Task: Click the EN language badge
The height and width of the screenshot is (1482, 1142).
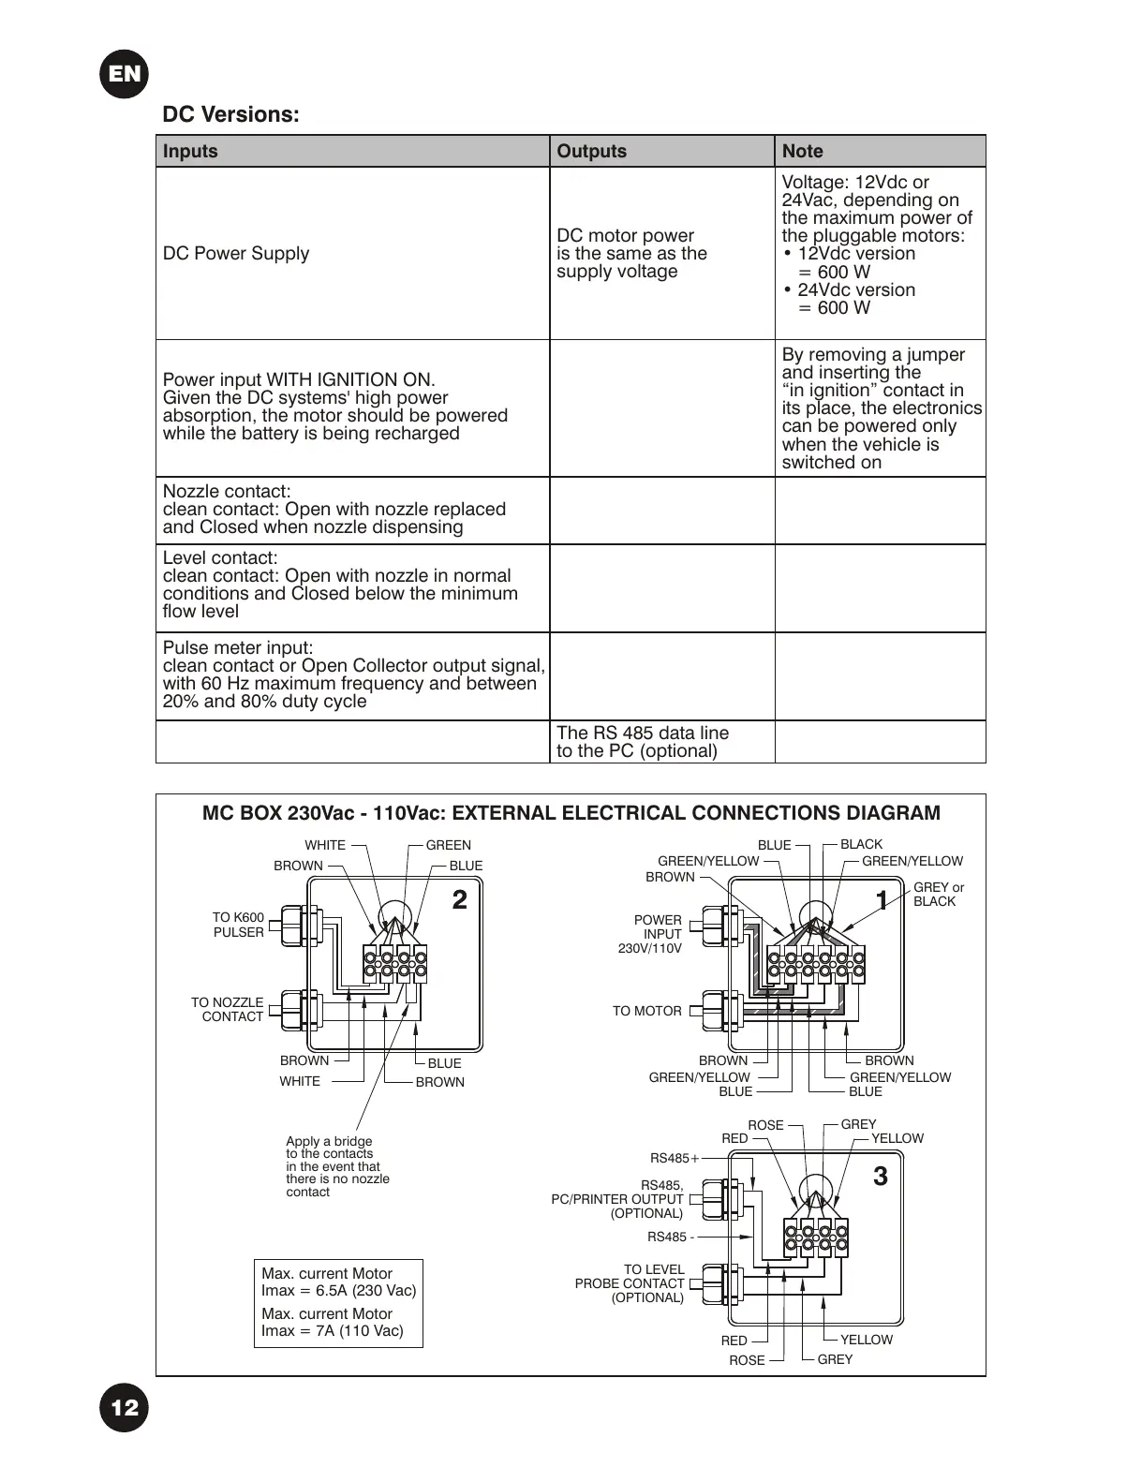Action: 124,73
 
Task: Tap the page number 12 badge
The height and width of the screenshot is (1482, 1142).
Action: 124,1408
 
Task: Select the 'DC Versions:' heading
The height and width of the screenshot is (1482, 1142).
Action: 230,114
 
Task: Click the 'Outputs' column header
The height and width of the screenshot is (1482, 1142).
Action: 591,151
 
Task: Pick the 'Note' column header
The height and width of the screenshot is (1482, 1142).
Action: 802,151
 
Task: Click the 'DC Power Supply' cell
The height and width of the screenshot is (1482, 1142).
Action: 236,253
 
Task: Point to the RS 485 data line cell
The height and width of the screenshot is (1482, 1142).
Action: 643,742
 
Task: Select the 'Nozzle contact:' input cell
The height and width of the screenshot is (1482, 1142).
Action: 334,510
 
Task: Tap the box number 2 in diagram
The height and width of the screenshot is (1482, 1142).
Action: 459,900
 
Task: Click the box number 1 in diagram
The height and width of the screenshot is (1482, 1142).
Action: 882,900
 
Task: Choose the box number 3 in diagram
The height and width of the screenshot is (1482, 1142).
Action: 880,1177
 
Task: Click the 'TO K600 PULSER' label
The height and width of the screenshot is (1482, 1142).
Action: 238,925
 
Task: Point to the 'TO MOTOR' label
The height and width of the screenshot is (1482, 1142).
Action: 646,1011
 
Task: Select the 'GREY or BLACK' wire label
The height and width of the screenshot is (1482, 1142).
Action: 938,895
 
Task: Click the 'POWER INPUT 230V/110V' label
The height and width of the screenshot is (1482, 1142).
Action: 651,934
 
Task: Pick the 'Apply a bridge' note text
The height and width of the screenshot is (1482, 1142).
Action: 337,1166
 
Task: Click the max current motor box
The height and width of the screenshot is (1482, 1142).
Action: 338,1303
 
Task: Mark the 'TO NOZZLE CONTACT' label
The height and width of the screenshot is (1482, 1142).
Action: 227,1009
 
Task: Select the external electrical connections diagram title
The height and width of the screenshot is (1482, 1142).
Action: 571,813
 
